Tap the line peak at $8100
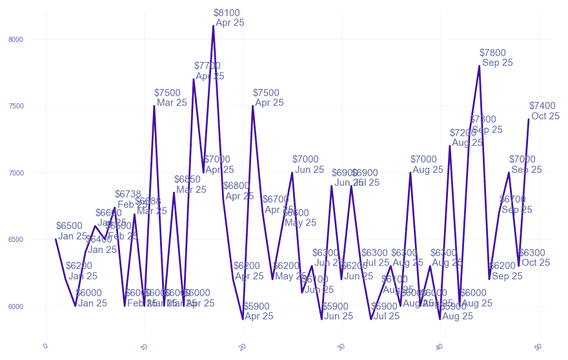point(213,26)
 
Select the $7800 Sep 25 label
point(496,57)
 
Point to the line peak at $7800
point(480,66)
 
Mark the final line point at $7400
point(529,119)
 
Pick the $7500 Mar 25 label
point(170,97)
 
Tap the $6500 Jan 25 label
point(70,231)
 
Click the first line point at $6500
point(56,239)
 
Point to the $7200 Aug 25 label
point(464,137)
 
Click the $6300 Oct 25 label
point(534,257)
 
